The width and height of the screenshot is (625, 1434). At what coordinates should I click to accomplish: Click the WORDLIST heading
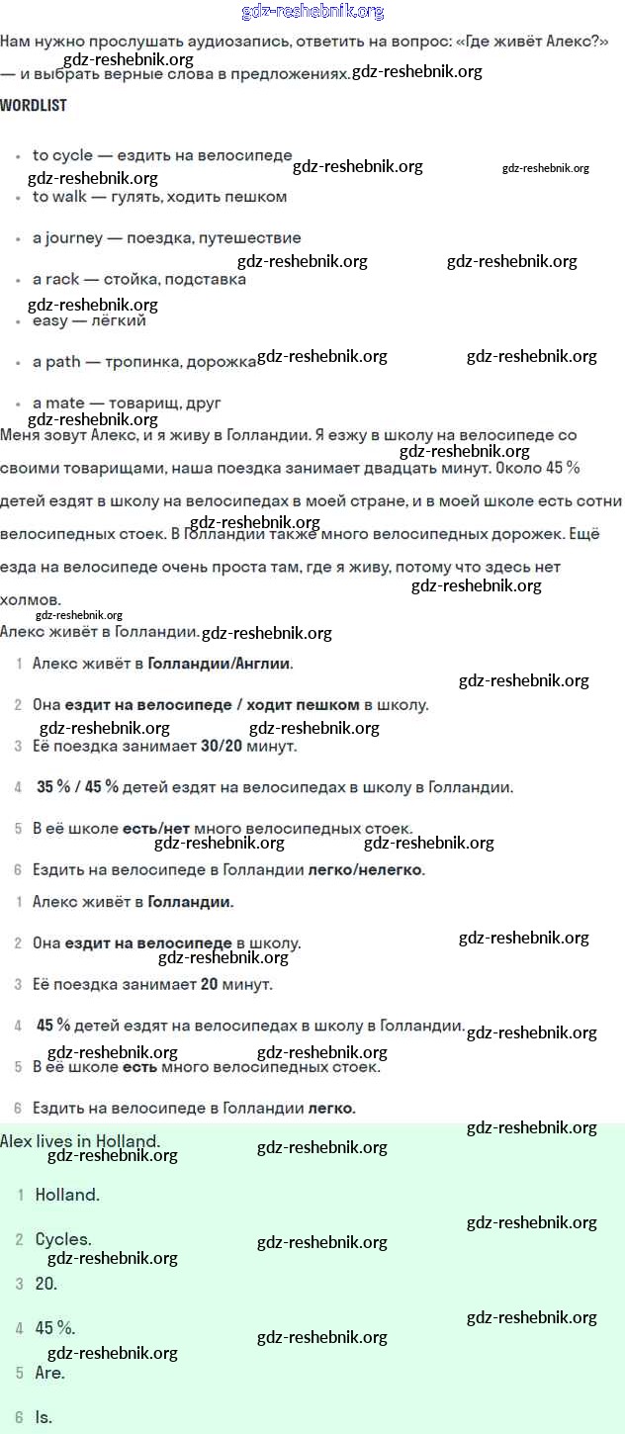point(34,105)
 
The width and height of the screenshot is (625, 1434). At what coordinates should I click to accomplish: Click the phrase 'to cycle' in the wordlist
point(62,155)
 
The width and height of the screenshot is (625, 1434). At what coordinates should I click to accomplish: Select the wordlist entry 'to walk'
point(59,197)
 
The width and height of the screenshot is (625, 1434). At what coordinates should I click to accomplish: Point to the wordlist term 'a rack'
point(55,280)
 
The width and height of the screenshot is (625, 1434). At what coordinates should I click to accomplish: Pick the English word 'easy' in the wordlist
point(50,320)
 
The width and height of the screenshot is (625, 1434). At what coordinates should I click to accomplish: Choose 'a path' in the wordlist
point(56,362)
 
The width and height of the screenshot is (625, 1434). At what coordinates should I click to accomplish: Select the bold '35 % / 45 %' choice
point(77,787)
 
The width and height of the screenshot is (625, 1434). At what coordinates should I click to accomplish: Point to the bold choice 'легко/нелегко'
point(365,870)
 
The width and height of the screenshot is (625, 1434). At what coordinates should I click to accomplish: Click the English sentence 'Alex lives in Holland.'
point(80,1141)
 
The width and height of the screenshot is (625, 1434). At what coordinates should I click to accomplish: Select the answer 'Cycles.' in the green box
point(63,1239)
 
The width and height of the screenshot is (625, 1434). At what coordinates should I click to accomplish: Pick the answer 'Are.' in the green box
point(49,1373)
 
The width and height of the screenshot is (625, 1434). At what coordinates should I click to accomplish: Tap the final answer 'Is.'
point(44,1417)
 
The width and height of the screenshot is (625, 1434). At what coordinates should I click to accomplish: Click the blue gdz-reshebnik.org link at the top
point(312,12)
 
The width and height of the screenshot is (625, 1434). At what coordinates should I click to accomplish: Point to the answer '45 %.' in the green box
point(55,1328)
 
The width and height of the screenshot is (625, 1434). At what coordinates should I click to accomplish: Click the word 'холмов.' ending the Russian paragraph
point(31,600)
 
